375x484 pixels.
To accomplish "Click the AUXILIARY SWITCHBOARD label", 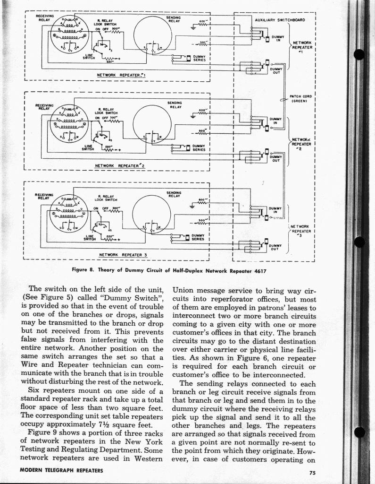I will [x=280, y=20].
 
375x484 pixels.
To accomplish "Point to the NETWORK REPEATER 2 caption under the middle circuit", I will [x=120, y=165].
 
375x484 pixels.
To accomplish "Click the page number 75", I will [x=313, y=472].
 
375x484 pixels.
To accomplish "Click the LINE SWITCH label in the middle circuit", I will [x=88, y=148].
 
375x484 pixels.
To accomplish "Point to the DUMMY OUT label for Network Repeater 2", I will [x=275, y=158].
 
